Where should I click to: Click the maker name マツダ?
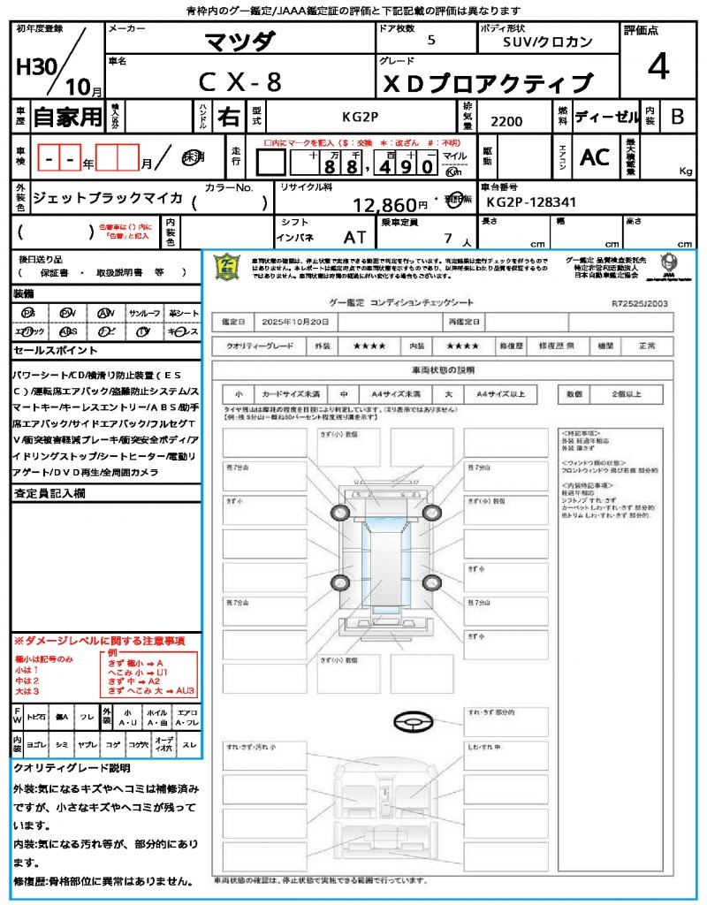click(x=239, y=41)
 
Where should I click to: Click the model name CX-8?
click(x=239, y=81)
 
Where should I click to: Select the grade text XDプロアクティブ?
click(x=486, y=83)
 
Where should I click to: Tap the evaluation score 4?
click(x=657, y=67)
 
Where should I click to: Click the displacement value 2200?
click(x=506, y=121)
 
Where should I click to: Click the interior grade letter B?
click(x=677, y=116)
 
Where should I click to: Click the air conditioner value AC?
click(x=595, y=157)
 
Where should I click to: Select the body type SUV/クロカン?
click(x=548, y=42)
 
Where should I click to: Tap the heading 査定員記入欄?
click(x=49, y=494)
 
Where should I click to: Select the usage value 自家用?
click(x=68, y=116)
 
